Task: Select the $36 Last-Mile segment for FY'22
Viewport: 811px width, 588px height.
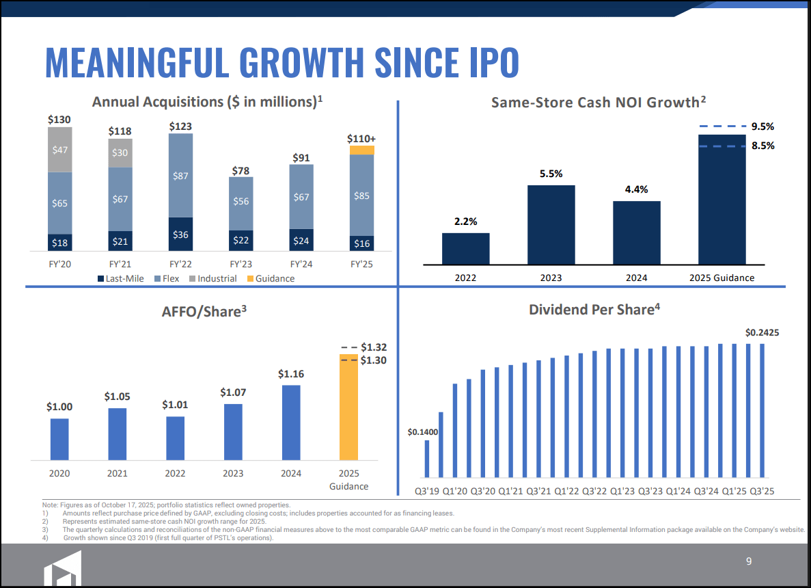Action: (x=181, y=235)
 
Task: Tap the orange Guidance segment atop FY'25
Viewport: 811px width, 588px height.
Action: (x=361, y=150)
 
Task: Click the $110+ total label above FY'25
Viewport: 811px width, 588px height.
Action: (x=361, y=138)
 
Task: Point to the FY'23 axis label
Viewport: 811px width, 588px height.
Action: (x=241, y=263)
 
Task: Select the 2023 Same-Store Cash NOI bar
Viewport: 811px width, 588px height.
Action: (x=551, y=224)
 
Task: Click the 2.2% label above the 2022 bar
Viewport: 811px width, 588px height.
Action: (x=465, y=222)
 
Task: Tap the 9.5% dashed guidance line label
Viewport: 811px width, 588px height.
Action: (x=762, y=126)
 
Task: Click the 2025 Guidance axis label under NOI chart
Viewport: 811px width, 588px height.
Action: (x=721, y=278)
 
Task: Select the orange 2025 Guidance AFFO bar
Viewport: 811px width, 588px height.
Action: (x=348, y=407)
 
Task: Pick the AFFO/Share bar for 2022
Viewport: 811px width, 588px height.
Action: (x=175, y=438)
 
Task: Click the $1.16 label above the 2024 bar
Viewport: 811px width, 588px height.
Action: (x=291, y=374)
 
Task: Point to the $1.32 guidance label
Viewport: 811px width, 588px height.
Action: (x=374, y=347)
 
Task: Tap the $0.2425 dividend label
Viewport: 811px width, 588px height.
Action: (x=762, y=332)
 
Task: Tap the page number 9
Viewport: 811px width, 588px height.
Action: (x=749, y=561)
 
